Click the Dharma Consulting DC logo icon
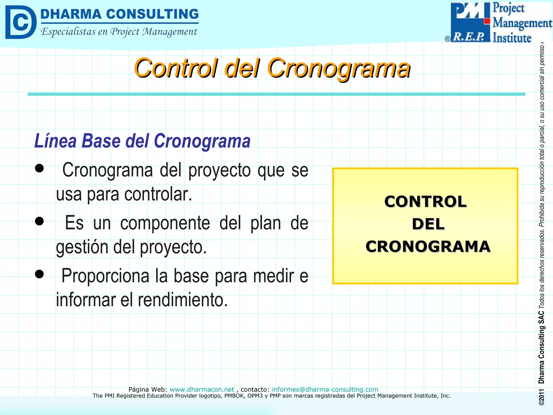click(21, 22)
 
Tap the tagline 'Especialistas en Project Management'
click(119, 32)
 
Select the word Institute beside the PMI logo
click(512, 38)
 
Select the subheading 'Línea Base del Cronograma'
click(142, 141)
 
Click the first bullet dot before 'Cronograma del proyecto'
click(39, 168)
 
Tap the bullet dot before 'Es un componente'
click(39, 221)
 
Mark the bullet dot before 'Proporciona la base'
click(39, 274)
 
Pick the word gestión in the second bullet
click(82, 247)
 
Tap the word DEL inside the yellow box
click(428, 224)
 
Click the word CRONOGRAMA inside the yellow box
click(428, 246)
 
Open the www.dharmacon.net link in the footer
click(202, 389)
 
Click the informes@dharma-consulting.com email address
click(325, 389)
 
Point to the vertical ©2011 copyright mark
click(541, 397)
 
